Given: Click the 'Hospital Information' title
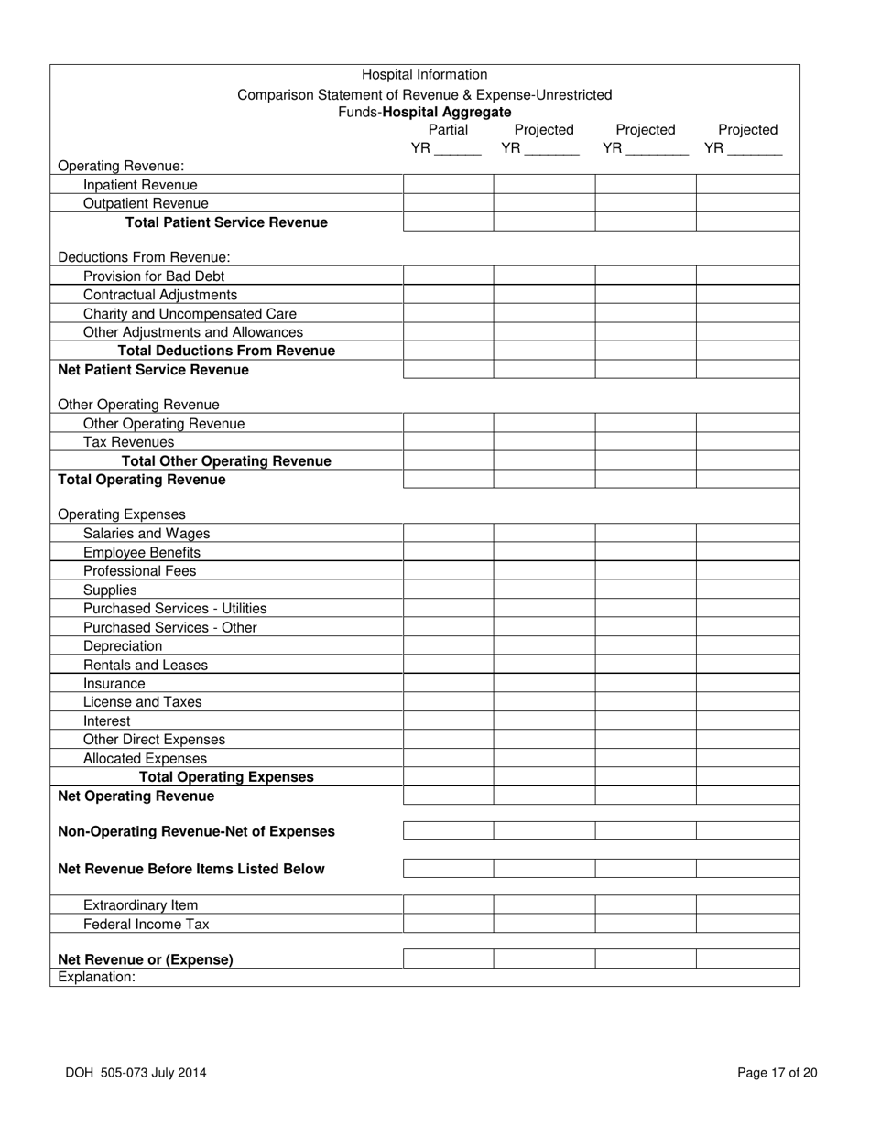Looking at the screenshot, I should pos(424,75).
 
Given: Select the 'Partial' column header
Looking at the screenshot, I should pos(448,130).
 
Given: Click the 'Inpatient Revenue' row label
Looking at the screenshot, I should pos(140,185).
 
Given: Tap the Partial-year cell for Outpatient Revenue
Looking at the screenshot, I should pos(448,203).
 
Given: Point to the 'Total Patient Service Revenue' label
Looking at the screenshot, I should pos(226,222).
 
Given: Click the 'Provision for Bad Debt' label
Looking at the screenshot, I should pos(153,276).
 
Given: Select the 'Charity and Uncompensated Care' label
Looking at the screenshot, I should pos(190,313).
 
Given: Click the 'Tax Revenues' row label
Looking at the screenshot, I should pos(128,442).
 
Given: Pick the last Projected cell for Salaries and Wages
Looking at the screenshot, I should pos(747,533).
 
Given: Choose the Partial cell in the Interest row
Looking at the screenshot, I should pos(448,720).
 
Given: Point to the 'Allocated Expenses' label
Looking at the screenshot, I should pos(145,758).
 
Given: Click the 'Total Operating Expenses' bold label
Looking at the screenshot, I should pos(226,777).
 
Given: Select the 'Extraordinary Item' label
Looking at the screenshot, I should pos(140,905).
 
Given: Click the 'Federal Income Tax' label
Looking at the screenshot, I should pos(146,924).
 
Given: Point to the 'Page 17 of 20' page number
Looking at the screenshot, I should pos(777,1074).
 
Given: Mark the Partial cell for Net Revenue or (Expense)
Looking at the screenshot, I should pos(448,959).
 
